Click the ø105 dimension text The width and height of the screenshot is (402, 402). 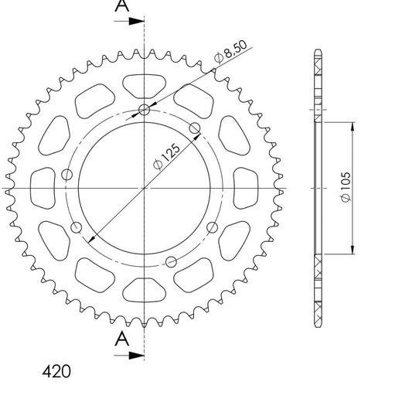pyautogui.click(x=345, y=188)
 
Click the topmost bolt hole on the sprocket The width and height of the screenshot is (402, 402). pyautogui.click(x=145, y=109)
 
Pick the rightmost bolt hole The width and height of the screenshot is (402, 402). pyautogui.click(x=213, y=225)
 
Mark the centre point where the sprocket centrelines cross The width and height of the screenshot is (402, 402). pyautogui.click(x=145, y=188)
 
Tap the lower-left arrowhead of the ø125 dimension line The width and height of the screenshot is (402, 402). pyautogui.click(x=94, y=239)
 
